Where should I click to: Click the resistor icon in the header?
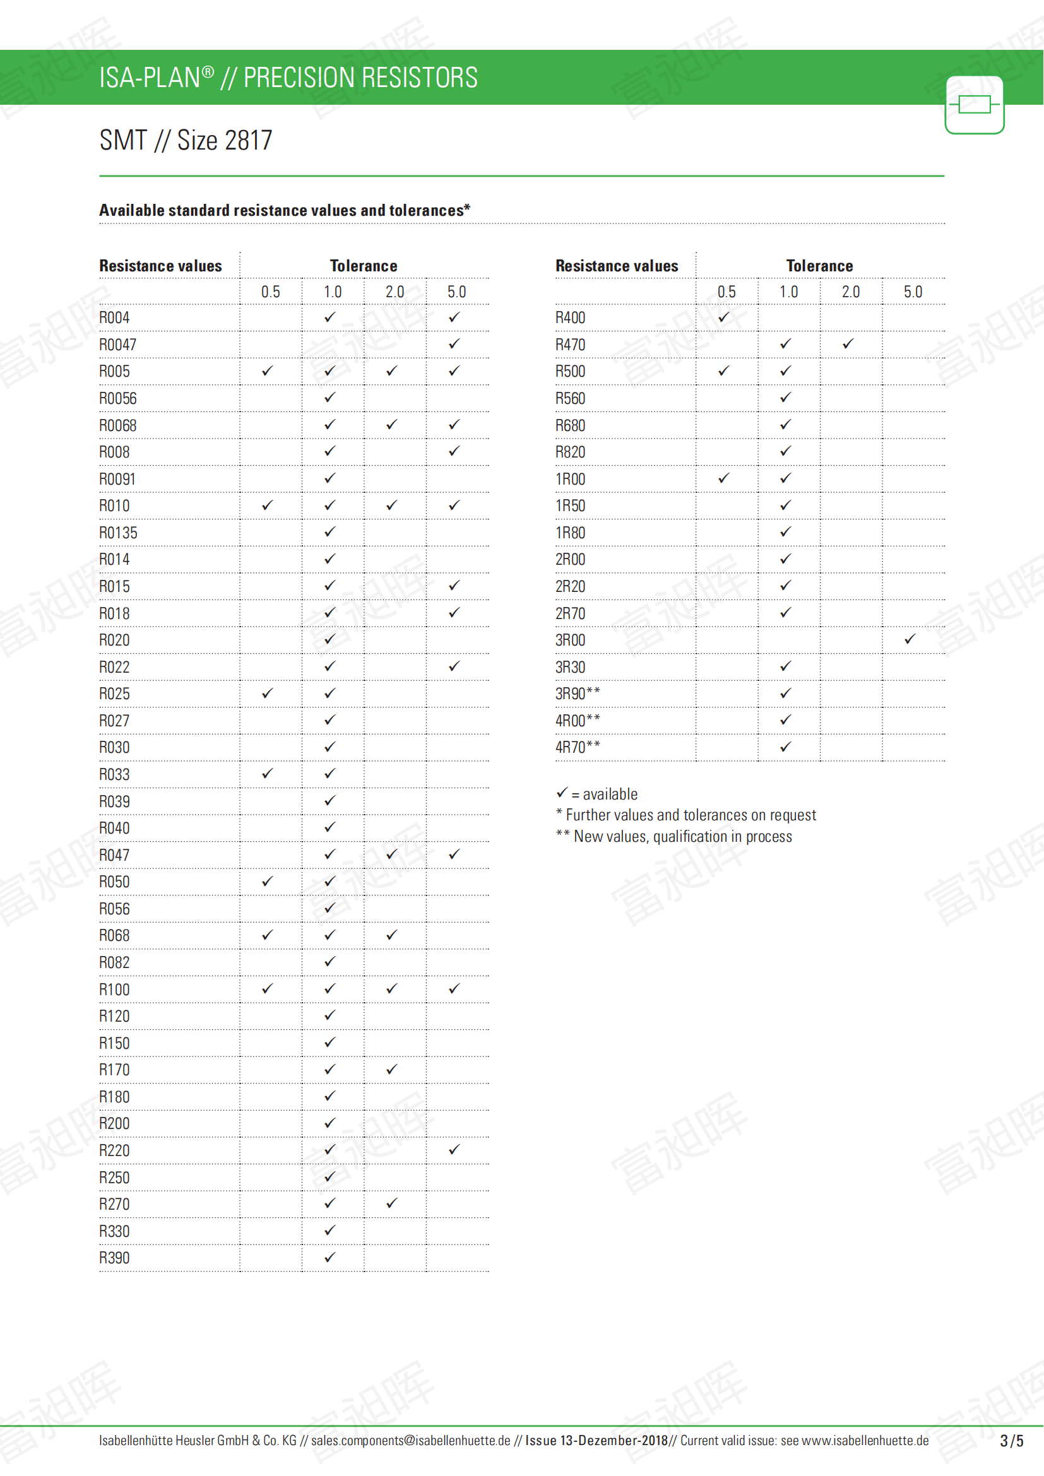pyautogui.click(x=974, y=105)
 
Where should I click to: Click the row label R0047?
pyautogui.click(x=117, y=345)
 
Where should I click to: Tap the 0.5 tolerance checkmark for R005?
pyautogui.click(x=268, y=371)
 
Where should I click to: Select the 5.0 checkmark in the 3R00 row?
pyautogui.click(x=910, y=639)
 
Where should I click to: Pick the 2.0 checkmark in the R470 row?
pyautogui.click(x=848, y=344)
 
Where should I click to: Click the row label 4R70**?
pyautogui.click(x=578, y=747)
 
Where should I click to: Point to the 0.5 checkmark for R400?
pyautogui.click(x=724, y=317)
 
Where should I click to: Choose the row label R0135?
pyautogui.click(x=118, y=533)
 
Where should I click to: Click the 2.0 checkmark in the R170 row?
pyautogui.click(x=391, y=1069)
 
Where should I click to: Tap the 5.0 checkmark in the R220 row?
pyautogui.click(x=454, y=1149)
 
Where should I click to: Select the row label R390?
pyautogui.click(x=114, y=1258)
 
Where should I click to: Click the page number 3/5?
pyautogui.click(x=1011, y=1441)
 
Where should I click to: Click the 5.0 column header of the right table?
pyautogui.click(x=912, y=292)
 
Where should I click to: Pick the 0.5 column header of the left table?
pyautogui.click(x=271, y=292)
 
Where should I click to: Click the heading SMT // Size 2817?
pyautogui.click(x=186, y=140)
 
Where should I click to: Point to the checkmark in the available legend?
pyautogui.click(x=562, y=793)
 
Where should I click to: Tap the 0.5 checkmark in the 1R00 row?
pyautogui.click(x=724, y=478)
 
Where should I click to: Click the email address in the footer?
pyautogui.click(x=410, y=1441)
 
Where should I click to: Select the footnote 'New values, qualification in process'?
pyautogui.click(x=682, y=836)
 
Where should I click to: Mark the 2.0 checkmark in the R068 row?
pyautogui.click(x=391, y=935)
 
